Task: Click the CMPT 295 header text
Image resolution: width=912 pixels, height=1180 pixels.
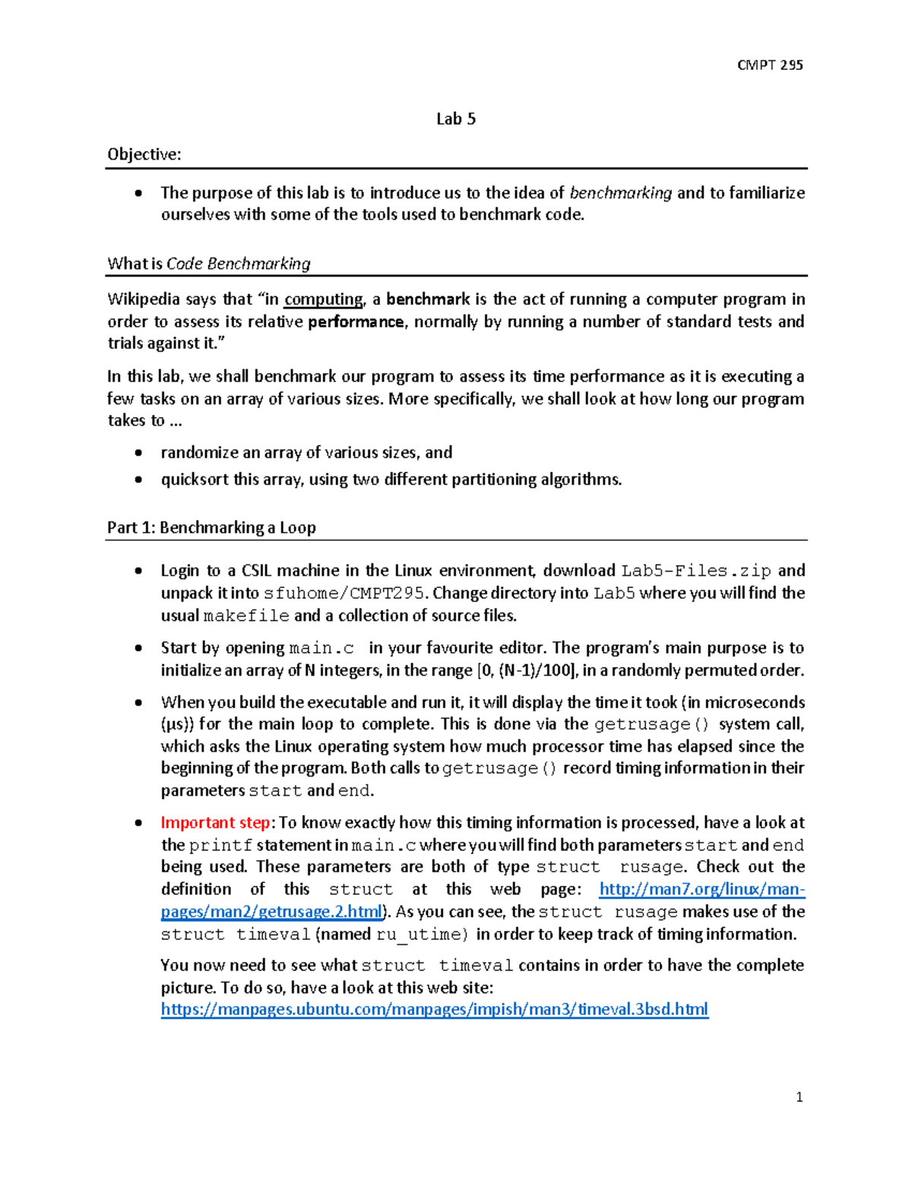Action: point(769,65)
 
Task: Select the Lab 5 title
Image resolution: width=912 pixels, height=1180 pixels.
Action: point(456,119)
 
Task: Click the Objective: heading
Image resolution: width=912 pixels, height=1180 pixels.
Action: point(144,154)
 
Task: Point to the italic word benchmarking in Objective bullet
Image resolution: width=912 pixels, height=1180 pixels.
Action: point(620,193)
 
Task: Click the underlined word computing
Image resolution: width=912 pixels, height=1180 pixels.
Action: point(323,299)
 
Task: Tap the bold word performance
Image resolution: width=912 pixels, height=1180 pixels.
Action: point(356,321)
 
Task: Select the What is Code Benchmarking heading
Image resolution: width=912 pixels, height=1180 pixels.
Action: point(209,264)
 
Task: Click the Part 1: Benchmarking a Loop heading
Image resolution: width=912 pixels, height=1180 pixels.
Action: point(211,527)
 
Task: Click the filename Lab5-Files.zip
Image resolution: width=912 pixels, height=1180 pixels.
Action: point(695,571)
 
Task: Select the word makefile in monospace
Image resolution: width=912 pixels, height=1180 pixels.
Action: point(246,616)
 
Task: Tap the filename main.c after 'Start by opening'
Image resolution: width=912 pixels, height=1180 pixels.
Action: point(321,649)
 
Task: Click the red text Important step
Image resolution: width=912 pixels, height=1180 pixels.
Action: point(215,823)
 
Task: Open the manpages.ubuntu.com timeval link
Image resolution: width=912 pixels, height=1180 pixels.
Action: point(434,1009)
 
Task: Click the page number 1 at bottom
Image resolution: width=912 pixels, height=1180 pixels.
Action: point(799,1096)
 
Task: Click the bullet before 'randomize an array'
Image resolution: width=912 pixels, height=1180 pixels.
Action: point(138,453)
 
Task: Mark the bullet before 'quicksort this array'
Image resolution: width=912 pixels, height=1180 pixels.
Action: point(138,479)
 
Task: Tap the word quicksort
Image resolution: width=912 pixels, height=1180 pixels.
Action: point(195,479)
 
